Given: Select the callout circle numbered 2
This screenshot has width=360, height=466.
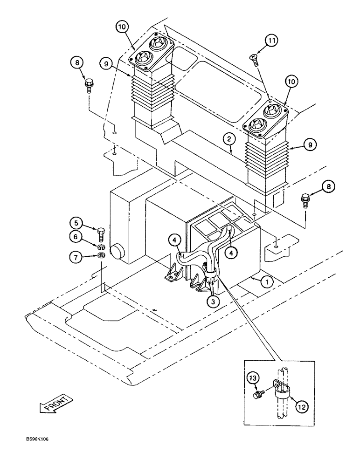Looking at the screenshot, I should pos(228,138).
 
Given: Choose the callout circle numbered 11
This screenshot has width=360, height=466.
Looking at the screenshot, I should pos(272,41).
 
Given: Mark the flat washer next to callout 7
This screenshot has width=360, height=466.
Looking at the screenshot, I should pos(101,255).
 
